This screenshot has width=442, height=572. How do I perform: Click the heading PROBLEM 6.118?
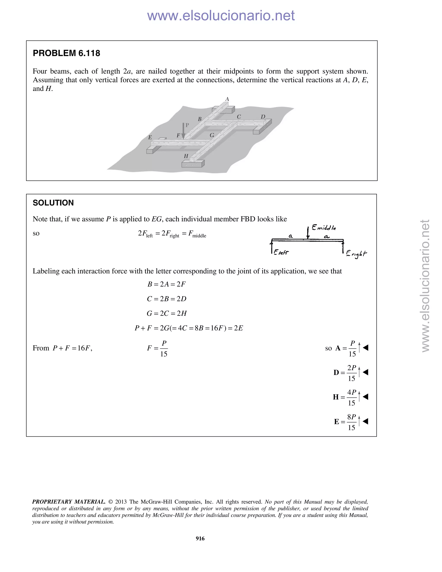[66, 53]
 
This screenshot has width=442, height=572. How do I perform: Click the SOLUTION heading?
[53, 203]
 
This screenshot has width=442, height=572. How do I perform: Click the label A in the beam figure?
[227, 99]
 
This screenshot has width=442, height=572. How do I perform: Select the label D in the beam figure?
[263, 117]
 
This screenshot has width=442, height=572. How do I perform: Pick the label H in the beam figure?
[186, 156]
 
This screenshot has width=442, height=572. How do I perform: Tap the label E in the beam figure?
[150, 137]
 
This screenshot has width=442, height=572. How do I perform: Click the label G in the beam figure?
[212, 135]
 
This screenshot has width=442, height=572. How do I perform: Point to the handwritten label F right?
[356, 254]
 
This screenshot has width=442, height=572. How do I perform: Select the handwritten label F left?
[281, 253]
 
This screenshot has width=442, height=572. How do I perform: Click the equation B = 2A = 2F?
[167, 284]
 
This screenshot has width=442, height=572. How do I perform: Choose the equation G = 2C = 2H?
[167, 313]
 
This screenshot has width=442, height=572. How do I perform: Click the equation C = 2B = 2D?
[167, 299]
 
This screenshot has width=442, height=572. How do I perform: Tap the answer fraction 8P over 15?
[352, 422]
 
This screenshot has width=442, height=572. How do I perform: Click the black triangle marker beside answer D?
[366, 372]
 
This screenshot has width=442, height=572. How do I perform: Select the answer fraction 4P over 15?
[352, 397]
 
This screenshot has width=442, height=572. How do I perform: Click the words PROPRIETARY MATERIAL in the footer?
[69, 502]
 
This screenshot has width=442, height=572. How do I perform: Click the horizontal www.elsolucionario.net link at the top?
[221, 16]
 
